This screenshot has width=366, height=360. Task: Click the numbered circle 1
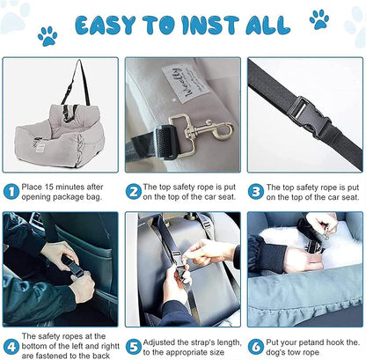coord(11,190)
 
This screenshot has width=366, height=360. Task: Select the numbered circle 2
coord(133,190)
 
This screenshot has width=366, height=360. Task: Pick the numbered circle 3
coord(255,190)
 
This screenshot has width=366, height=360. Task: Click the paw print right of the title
coord(318,19)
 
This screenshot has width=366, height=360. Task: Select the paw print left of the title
coord(47,36)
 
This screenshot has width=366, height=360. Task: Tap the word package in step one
coord(73,199)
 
